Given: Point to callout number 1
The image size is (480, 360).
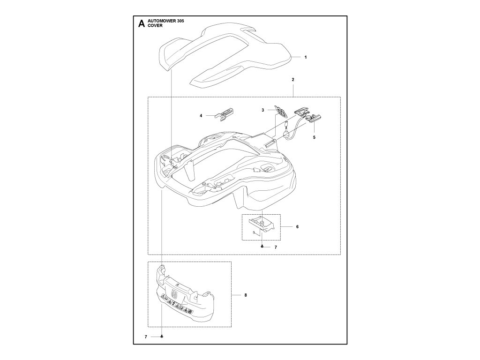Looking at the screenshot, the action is click(x=305, y=57).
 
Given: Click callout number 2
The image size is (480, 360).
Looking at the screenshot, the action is click(x=293, y=80).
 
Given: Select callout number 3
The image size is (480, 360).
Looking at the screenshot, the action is click(x=263, y=110).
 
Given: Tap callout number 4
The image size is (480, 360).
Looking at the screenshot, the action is click(x=201, y=115).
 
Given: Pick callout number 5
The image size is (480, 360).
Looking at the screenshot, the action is click(x=314, y=137).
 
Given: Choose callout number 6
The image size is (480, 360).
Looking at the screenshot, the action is click(x=297, y=226).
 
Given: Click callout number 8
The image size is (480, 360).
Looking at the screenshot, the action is click(x=246, y=295).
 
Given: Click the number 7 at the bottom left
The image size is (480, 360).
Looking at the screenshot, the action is click(x=146, y=337).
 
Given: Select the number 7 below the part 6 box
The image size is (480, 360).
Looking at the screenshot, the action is click(x=276, y=247).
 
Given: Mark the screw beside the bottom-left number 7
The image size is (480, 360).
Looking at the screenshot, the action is click(x=162, y=337).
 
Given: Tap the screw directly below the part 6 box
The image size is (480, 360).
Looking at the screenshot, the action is click(x=262, y=246).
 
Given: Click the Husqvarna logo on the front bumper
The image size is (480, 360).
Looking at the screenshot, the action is click(x=175, y=293).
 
